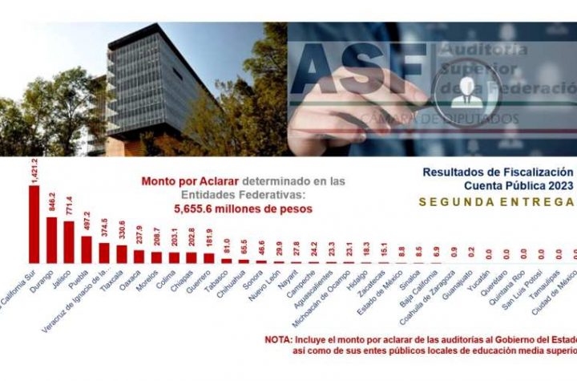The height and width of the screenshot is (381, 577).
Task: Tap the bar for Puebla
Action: click(x=87, y=249)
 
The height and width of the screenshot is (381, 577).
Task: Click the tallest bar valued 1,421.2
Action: click(x=34, y=225)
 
